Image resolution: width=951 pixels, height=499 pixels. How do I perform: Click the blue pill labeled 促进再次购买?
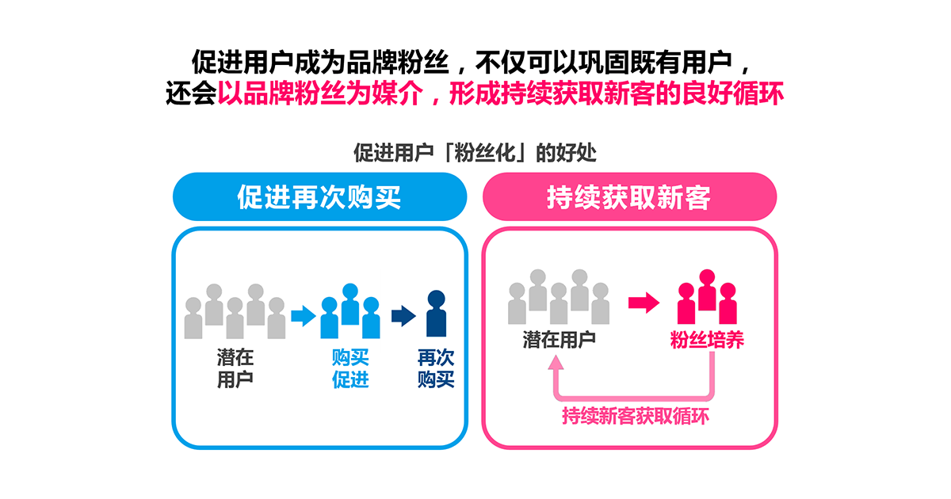click(319, 196)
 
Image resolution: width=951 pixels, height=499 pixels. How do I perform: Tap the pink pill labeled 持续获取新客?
click(629, 196)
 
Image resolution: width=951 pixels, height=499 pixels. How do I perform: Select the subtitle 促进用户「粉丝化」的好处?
click(475, 153)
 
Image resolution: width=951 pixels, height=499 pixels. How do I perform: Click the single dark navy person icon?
click(436, 314)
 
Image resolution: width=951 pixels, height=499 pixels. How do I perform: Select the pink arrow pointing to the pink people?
click(644, 302)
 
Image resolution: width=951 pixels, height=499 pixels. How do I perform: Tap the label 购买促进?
click(350, 368)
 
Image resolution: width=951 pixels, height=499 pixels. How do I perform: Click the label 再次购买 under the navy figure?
click(436, 368)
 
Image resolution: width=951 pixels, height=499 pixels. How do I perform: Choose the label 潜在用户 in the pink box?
click(559, 340)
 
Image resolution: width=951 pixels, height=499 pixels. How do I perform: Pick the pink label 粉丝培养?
click(707, 340)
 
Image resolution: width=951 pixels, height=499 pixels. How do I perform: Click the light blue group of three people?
click(350, 311)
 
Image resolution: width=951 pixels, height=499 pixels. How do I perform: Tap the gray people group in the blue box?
click(235, 311)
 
